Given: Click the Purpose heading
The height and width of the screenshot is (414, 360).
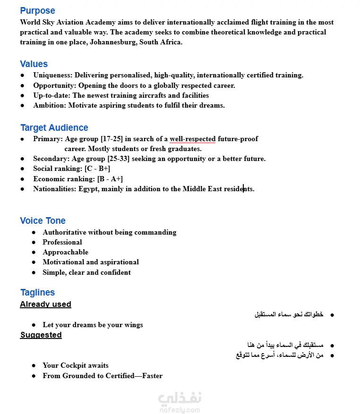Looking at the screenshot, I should click(x=37, y=10).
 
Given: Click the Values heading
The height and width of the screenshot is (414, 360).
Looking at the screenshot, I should click(x=34, y=64).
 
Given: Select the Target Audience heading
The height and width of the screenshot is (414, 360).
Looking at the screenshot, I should click(x=54, y=127).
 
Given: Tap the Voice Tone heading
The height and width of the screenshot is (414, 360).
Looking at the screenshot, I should click(x=43, y=220).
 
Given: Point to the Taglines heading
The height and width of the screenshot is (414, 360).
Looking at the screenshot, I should click(x=37, y=292).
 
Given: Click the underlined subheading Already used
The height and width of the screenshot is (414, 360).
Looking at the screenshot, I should click(x=45, y=304).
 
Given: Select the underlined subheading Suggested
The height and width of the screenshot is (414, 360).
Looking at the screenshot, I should click(x=41, y=335).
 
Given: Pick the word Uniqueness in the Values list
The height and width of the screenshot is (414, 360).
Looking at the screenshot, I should click(x=52, y=75).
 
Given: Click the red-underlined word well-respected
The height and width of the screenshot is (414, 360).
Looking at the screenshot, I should click(x=192, y=139).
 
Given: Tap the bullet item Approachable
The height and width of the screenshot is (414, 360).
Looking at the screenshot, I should click(x=65, y=252).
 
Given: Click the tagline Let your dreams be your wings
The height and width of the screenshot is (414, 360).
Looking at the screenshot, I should click(x=93, y=325).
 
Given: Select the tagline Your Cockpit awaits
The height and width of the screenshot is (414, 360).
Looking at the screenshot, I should click(x=75, y=365).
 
